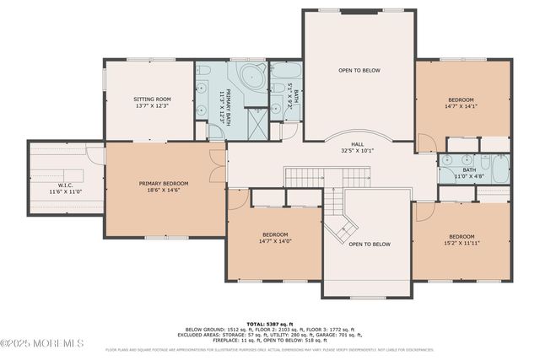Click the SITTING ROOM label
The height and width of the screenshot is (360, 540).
152,102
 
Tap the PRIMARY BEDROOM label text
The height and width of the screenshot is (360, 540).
164,187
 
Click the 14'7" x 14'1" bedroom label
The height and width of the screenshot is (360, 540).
461,103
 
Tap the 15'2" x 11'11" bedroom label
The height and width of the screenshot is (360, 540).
462,239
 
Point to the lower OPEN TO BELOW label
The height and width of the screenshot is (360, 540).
369,244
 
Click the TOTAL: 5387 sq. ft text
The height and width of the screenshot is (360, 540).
270,323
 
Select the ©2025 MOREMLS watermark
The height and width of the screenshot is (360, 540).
42,343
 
